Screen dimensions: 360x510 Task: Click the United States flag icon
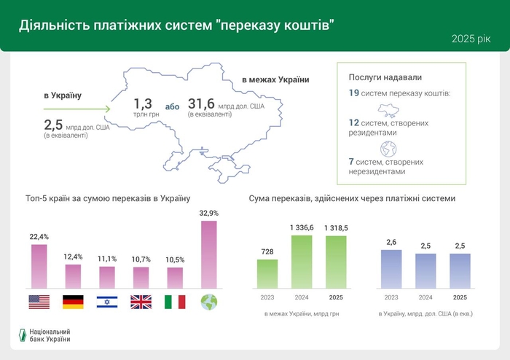[39, 302]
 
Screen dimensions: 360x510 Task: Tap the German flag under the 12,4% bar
[73, 302]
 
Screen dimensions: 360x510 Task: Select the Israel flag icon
[107, 302]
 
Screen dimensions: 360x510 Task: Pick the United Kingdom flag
[141, 302]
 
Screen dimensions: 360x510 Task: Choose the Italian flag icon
[175, 302]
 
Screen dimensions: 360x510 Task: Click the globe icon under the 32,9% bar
[208, 302]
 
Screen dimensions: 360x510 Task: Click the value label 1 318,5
[336, 227]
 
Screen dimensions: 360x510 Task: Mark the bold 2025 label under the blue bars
[460, 297]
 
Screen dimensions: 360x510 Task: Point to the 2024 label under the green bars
[302, 297]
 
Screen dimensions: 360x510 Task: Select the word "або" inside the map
[172, 106]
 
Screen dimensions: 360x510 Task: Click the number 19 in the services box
[354, 93]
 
